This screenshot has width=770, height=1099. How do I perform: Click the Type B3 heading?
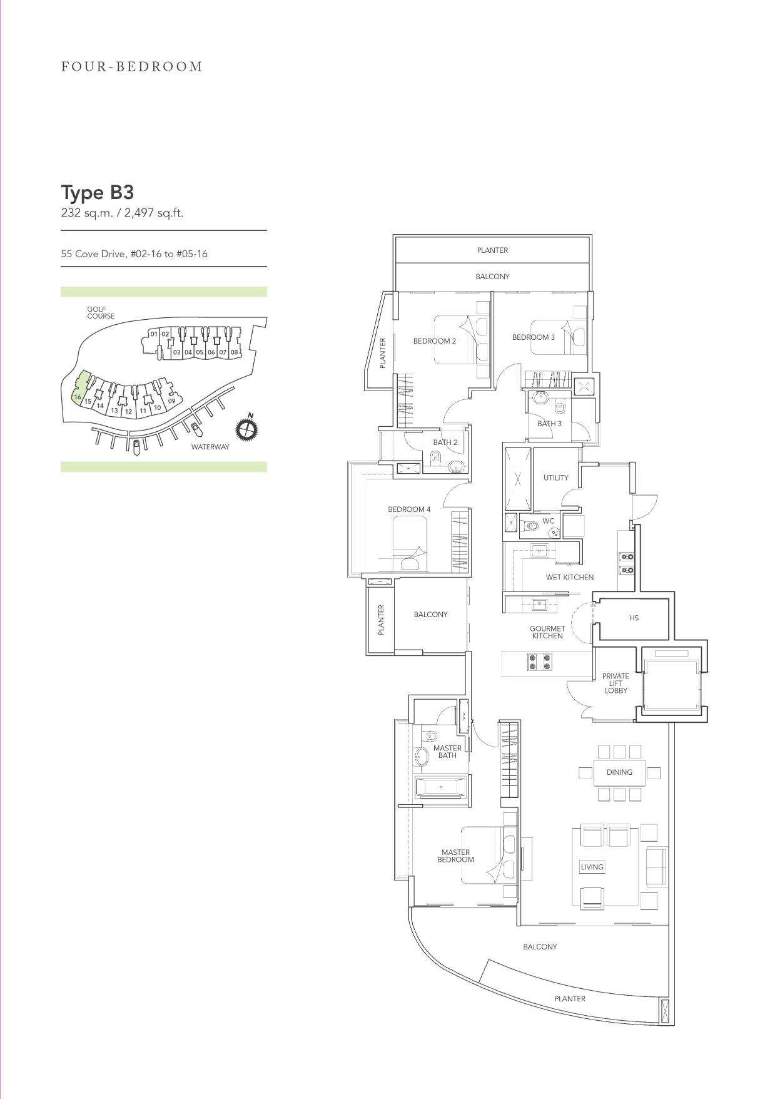[98, 192]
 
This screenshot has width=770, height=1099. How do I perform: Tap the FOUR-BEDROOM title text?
[132, 66]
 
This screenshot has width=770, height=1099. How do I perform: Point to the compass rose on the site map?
[247, 429]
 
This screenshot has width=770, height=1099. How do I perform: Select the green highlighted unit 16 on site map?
[79, 389]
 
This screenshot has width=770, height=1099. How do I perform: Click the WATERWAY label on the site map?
[210, 447]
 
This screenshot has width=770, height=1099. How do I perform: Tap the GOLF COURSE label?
[101, 312]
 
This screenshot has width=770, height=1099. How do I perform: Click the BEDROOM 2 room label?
[435, 341]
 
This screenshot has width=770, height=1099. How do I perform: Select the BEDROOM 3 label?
[534, 337]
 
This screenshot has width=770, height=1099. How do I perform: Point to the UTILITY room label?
[556, 478]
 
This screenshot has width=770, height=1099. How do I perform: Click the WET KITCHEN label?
[570, 577]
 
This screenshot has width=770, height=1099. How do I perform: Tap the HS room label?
[634, 618]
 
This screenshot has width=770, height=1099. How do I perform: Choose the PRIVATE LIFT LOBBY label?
[615, 683]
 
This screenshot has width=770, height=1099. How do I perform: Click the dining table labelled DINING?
[619, 772]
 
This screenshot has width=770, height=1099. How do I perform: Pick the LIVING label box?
[592, 867]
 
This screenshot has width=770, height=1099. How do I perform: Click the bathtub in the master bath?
[442, 787]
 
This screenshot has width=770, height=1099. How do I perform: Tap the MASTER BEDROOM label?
[455, 856]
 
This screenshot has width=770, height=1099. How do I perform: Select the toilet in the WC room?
[531, 526]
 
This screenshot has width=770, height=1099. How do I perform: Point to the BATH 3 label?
[550, 424]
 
